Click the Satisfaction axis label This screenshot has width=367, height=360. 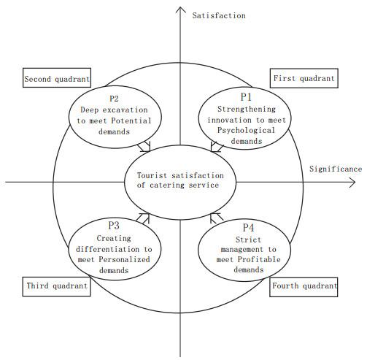pos(219,15)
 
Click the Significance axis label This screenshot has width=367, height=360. pos(336,169)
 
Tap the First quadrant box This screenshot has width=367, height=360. pos(304,78)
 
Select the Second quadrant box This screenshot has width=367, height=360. pos(57,77)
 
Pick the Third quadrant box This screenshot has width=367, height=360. pos(57,286)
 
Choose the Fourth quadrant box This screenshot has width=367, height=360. pos(304,287)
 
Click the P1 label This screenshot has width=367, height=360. pos(246,97)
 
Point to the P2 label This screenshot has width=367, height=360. pos(114,99)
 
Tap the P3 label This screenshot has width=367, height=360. pos(114,226)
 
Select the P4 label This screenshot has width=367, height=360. pos(248,228)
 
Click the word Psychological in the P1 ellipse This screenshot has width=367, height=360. pos(246,131)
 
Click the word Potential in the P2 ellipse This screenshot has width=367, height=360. pos(131,120)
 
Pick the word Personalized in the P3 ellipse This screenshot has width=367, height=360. pos(124,259)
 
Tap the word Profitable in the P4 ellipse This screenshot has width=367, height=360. pos(259,259)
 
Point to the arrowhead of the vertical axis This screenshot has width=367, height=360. pos(180,9)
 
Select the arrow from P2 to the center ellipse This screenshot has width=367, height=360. pos(144,147)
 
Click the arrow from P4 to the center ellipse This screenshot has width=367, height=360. pos(217,218)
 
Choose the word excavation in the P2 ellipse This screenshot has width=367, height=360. pos(125,110)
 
